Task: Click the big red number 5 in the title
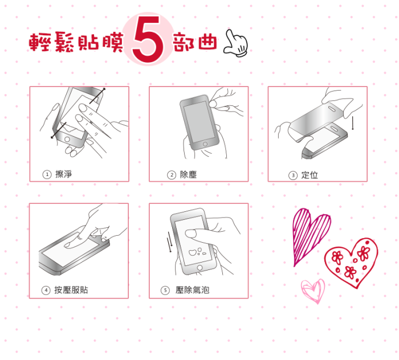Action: pos(148,39)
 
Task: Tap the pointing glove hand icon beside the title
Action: pos(235,43)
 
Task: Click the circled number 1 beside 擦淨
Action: pos(47,175)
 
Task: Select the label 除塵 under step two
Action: pos(188,175)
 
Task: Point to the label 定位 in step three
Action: pos(310,175)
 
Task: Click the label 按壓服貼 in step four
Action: pos(71,290)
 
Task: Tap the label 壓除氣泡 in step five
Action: pos(193,290)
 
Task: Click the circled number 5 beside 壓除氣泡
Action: pos(165,290)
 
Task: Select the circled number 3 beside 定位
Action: pos(293,175)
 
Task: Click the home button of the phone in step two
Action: pos(205,144)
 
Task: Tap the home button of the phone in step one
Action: pos(67,140)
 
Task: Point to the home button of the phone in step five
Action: pos(199,268)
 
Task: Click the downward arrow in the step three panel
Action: pos(353,123)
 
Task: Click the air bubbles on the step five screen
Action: pos(197,252)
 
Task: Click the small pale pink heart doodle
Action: pos(313,291)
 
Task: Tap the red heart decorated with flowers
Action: pos(352,263)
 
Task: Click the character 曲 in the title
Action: pos(207,42)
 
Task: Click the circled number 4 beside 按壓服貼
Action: pos(46,290)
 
